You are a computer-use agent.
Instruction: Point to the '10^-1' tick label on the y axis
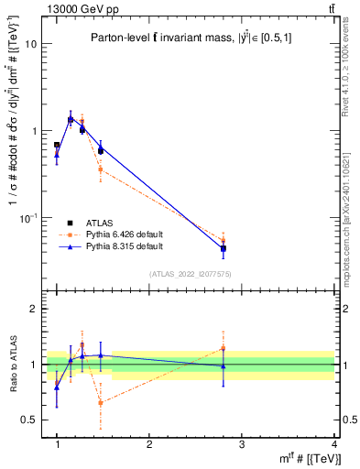click(x=28, y=217)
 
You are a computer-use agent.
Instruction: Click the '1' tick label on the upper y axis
click(x=34, y=131)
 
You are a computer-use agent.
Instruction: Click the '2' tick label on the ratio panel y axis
click(x=34, y=309)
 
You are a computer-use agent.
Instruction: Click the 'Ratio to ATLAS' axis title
click(x=11, y=365)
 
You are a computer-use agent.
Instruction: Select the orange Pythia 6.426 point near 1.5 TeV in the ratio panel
click(x=100, y=402)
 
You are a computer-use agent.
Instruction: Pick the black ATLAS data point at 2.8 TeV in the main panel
click(x=224, y=248)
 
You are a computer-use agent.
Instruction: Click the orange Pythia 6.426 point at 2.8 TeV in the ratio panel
click(x=224, y=348)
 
